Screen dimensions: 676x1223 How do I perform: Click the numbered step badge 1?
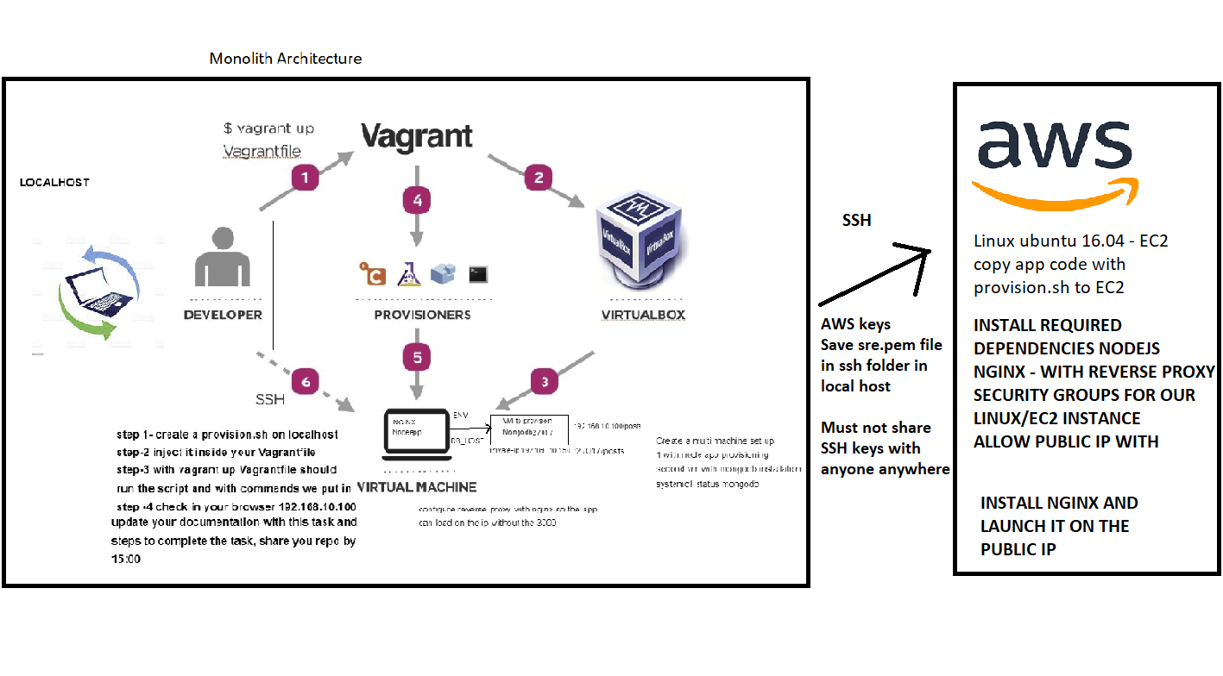tap(305, 178)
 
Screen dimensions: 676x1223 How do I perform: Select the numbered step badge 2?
tap(538, 178)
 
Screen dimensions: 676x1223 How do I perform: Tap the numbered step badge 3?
tap(544, 381)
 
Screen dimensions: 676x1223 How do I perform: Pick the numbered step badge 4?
tap(417, 200)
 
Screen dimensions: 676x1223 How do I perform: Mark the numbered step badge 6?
tap(305, 380)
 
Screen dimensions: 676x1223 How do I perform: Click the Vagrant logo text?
tap(417, 135)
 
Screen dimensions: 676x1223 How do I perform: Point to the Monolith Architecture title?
tap(286, 59)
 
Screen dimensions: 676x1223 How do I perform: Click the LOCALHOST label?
tap(54, 183)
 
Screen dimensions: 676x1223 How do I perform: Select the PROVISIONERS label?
tap(422, 315)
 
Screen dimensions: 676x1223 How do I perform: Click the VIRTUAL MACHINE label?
tap(416, 487)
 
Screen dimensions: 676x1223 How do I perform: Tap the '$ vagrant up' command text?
tap(268, 128)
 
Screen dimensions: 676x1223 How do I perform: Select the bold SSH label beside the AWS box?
tap(856, 221)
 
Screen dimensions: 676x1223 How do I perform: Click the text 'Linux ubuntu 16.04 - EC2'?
tap(1070, 241)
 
